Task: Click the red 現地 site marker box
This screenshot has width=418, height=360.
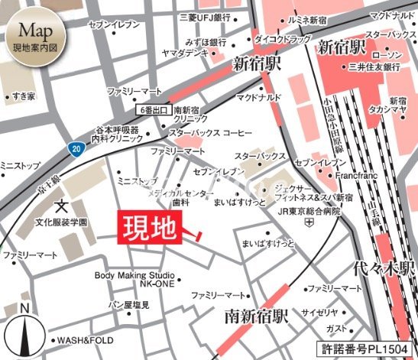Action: click(x=149, y=228)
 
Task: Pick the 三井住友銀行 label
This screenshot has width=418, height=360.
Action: click(x=373, y=67)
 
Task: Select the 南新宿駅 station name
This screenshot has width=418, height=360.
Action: click(x=257, y=315)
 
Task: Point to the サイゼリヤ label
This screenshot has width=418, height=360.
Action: click(x=320, y=313)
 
